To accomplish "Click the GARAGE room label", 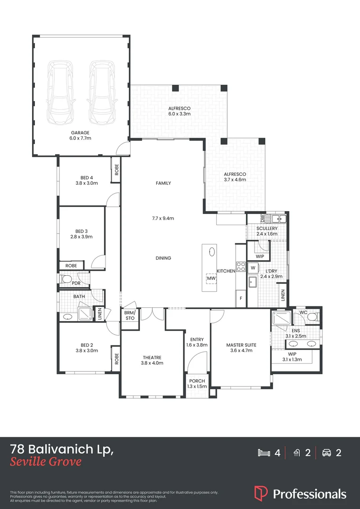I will pyautogui.click(x=80, y=133).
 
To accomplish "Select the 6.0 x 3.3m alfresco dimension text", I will pyautogui.click(x=179, y=114).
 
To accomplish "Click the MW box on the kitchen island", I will pyautogui.click(x=211, y=279).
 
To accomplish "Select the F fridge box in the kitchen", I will pyautogui.click(x=241, y=298).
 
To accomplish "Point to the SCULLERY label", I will pyautogui.click(x=267, y=229).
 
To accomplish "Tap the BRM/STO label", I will pyautogui.click(x=130, y=315).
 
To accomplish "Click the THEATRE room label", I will pyautogui.click(x=152, y=357).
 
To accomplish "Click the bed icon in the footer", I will pyautogui.click(x=264, y=453).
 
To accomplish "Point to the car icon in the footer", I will pyautogui.click(x=326, y=453).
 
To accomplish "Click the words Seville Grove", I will pyautogui.click(x=46, y=461).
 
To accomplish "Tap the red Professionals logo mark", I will pyautogui.click(x=261, y=493).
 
